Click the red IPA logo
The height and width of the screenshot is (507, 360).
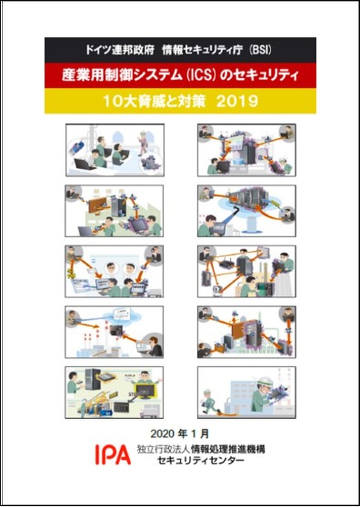(x=113, y=454)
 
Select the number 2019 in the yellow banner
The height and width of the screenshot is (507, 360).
(x=237, y=102)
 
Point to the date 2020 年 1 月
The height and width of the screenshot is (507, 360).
(x=180, y=433)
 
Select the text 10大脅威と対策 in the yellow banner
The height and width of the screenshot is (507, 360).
(x=154, y=102)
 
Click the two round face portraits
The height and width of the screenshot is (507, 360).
(x=120, y=269)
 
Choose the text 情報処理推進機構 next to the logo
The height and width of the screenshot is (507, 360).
(x=228, y=449)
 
